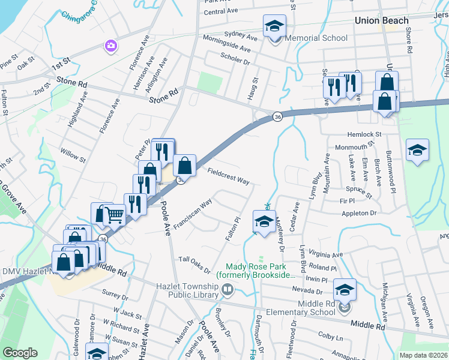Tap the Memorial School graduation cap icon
[274, 26]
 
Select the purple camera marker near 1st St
[110, 45]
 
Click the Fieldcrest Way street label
[228, 176]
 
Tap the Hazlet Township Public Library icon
[228, 290]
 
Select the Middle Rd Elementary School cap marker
[345, 290]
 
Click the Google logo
[20, 353]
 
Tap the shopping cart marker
[114, 215]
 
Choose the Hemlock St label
[364, 135]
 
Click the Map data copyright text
[423, 355]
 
